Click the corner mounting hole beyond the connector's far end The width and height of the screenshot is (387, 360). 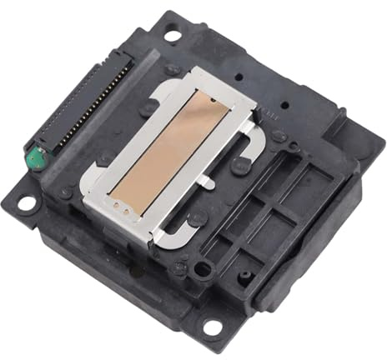[172, 36]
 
